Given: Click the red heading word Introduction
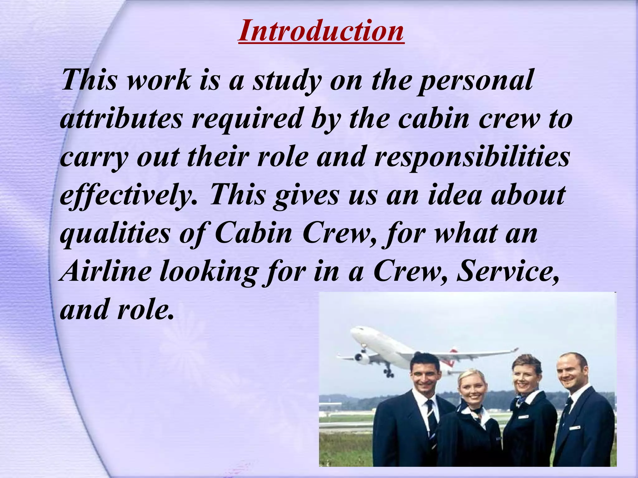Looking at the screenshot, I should pos(321,31).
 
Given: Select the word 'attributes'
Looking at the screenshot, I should pos(121,119).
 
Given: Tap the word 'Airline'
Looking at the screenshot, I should pos(106,271).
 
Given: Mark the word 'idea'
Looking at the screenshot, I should pos(455,195).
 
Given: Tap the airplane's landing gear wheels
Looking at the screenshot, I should pos(389,372).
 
